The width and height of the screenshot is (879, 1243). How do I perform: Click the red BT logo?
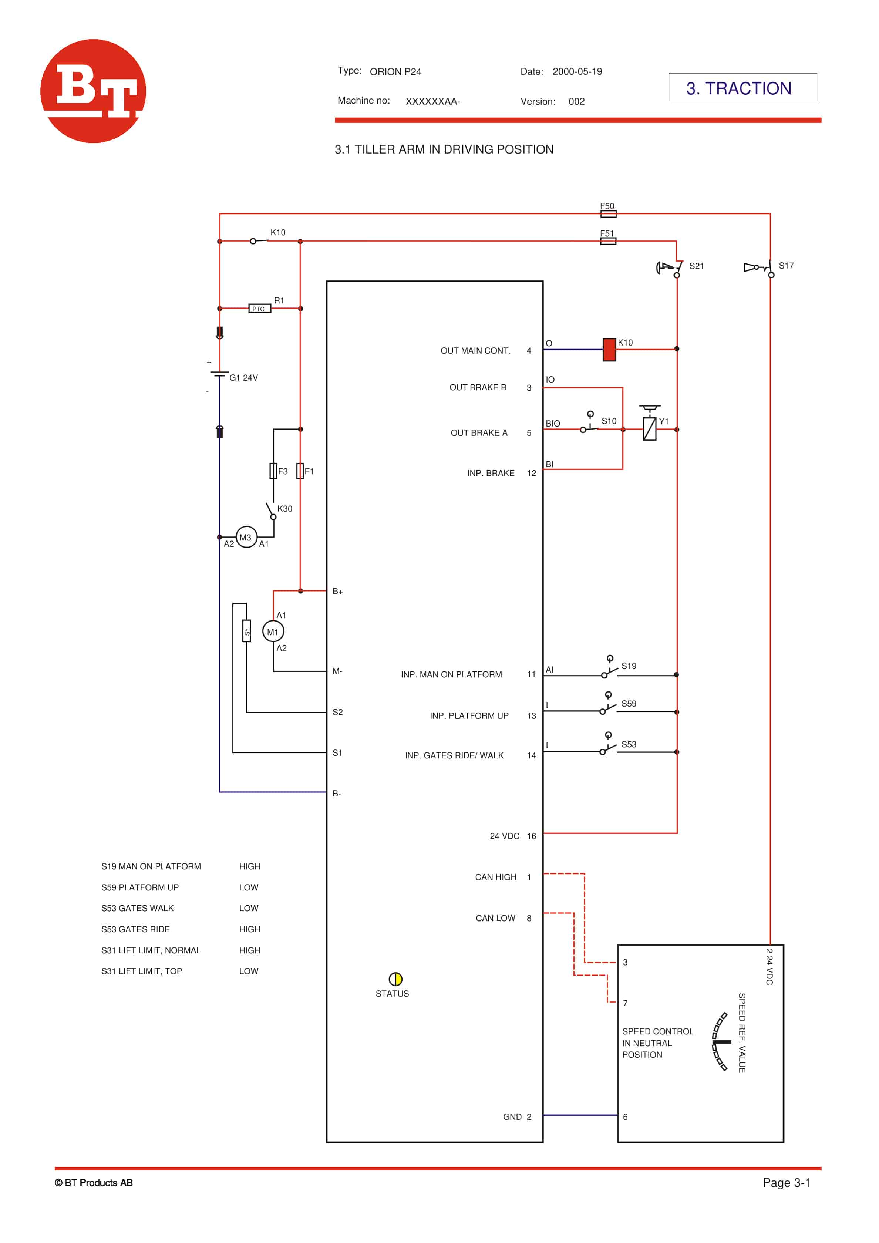93,91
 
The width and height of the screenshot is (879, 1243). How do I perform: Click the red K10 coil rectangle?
609,349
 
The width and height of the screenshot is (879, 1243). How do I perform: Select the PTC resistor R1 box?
259,309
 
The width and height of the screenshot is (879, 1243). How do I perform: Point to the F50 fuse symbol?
608,213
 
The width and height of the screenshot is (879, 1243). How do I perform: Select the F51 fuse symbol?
608,241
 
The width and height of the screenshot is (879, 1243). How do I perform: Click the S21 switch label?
696,266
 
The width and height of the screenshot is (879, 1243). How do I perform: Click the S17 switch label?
785,265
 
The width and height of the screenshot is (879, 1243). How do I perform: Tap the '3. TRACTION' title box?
742,88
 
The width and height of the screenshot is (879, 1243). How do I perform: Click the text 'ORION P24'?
395,71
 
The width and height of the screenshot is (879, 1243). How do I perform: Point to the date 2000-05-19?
577,71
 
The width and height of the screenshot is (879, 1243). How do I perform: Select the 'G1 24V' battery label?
243,377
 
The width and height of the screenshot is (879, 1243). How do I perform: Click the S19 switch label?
629,666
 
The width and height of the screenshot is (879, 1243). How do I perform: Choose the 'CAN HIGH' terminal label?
495,876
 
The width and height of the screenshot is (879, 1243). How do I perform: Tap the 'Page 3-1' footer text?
786,1182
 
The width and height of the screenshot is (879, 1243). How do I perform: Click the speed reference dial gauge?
721,1041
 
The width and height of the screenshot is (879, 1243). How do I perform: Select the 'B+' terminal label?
338,591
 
